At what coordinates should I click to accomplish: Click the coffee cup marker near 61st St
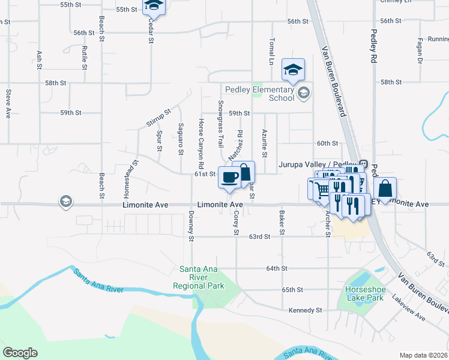point(230,178)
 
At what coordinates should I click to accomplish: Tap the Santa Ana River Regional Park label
point(198,277)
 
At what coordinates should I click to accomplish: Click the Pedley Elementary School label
point(259,94)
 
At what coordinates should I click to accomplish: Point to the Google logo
point(20,352)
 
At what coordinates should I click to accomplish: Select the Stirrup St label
point(158,118)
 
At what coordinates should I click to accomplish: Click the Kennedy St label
point(306,310)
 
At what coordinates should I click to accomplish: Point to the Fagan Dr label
point(420,52)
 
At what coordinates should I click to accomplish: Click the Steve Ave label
point(8,104)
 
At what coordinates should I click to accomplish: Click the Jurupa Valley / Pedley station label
point(318,164)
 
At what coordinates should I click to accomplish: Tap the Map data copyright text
point(423,355)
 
